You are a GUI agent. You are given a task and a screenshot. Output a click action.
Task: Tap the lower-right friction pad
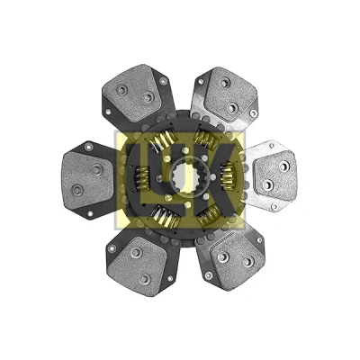tap(236, 258)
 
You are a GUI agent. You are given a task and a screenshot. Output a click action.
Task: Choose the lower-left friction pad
tap(138, 265)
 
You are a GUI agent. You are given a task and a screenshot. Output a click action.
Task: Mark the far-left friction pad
tap(87, 180)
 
